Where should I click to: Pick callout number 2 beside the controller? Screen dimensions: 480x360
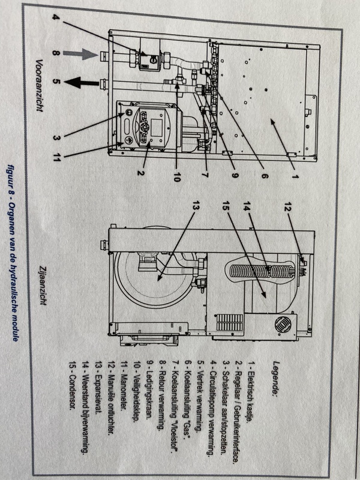pyautogui.click(x=140, y=173)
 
